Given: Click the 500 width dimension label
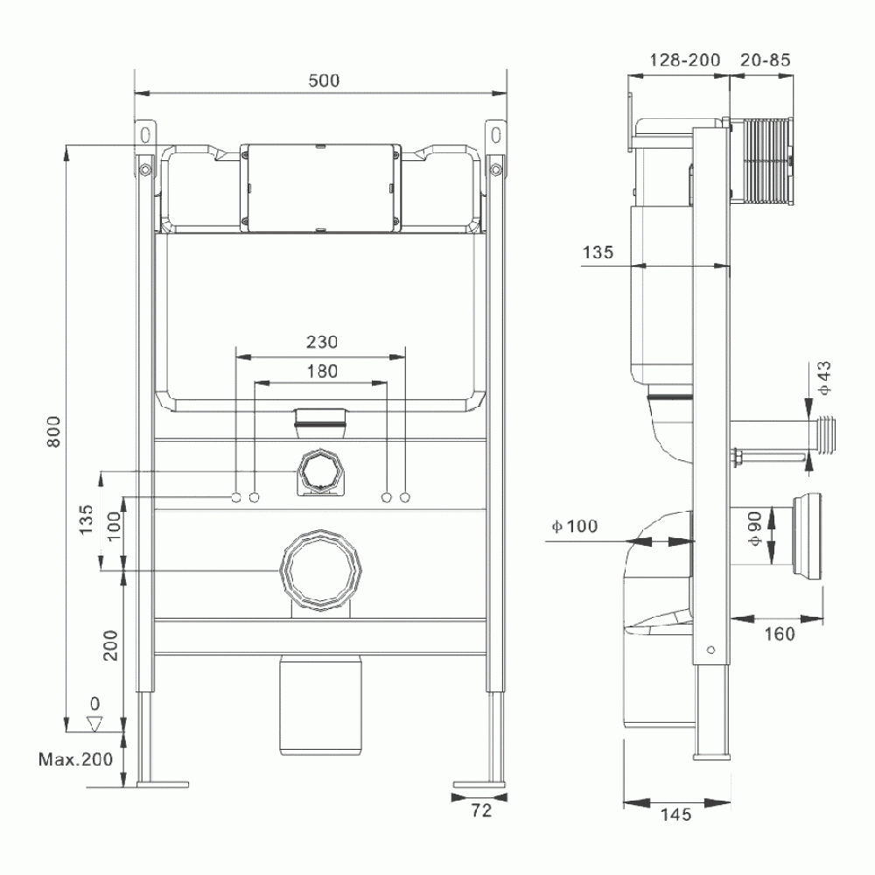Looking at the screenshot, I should (323, 80).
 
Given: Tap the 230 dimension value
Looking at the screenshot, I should (321, 342).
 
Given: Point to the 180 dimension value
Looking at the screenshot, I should (321, 371).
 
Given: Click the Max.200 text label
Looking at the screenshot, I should (75, 759).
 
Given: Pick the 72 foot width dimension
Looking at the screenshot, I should (480, 810).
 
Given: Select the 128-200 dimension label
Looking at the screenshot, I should (685, 59).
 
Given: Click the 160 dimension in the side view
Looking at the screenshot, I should (778, 633).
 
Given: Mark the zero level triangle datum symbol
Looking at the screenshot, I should (95, 724).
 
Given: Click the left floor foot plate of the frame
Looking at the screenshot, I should (163, 782).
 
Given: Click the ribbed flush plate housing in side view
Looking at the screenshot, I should (763, 163).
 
